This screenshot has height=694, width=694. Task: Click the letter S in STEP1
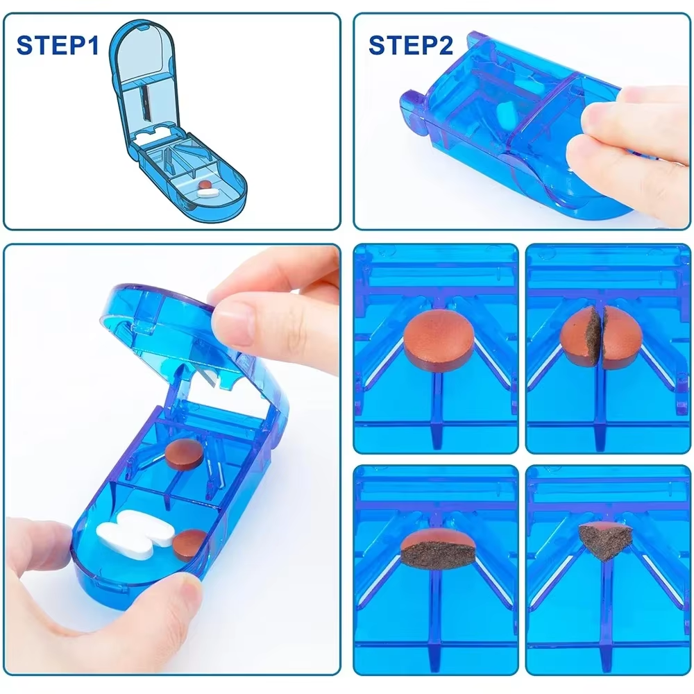[25, 46]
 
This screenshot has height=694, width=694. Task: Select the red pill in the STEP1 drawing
[205, 186]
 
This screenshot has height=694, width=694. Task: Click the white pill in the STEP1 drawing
[207, 196]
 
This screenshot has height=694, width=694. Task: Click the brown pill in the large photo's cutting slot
[184, 452]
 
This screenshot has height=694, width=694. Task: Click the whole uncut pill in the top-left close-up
[435, 339]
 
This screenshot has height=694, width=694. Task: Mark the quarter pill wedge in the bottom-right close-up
[602, 539]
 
